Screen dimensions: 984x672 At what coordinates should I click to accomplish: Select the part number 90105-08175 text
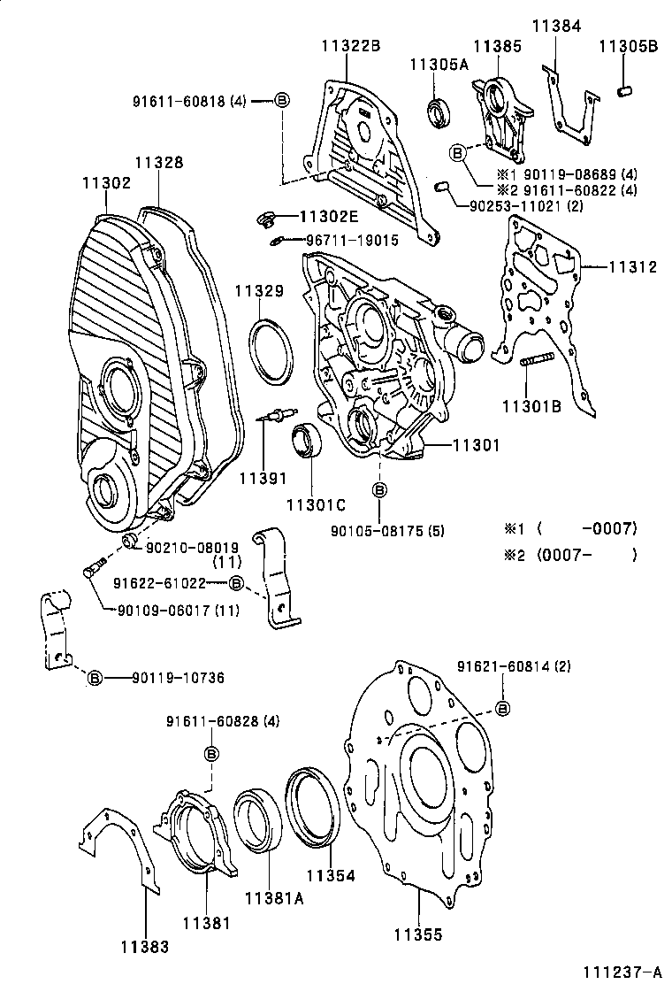click(386, 531)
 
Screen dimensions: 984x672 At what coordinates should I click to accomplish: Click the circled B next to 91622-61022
click(236, 582)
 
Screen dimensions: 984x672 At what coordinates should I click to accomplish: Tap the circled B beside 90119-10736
click(95, 678)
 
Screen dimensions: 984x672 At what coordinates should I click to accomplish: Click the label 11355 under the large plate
click(417, 934)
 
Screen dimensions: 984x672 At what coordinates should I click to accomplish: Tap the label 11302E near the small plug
click(328, 215)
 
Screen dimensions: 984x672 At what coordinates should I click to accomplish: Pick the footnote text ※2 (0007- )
click(569, 555)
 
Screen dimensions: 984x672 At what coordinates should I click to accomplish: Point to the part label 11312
click(630, 266)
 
